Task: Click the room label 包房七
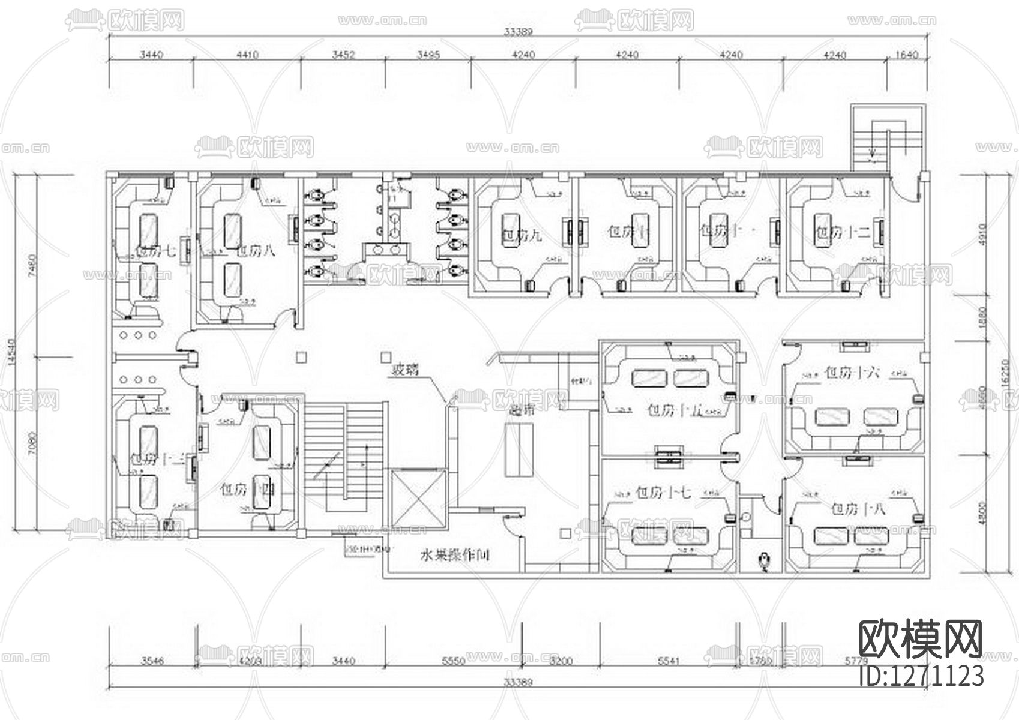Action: pos(155,251)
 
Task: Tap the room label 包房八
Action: pos(256,251)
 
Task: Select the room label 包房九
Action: pos(521,235)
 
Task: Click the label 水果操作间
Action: pos(454,555)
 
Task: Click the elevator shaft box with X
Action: pos(419,499)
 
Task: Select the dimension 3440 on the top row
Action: pos(151,55)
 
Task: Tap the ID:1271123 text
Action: pos(922,675)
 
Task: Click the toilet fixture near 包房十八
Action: pos(764,560)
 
